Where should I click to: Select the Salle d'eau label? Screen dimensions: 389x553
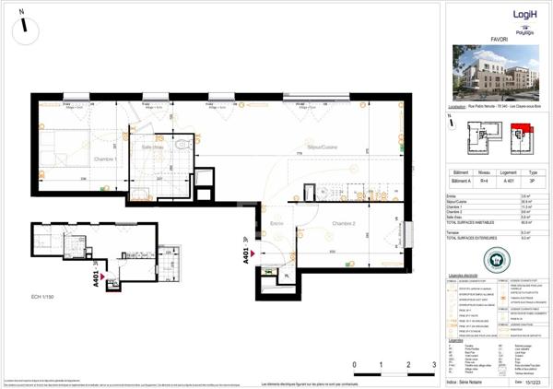(x=153, y=147)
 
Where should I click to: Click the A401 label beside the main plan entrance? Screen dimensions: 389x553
(x=248, y=251)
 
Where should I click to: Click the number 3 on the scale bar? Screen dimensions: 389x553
(x=433, y=366)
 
